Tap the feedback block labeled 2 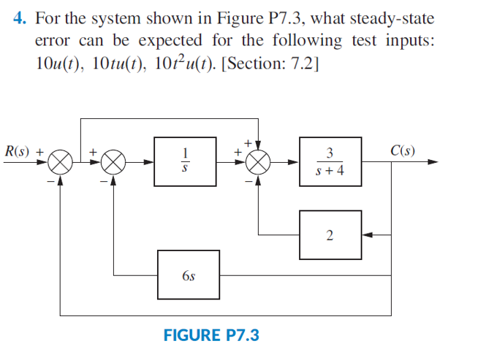click(x=330, y=234)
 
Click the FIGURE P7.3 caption click(x=210, y=335)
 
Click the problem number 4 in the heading click(x=19, y=17)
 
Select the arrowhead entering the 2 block click(x=366, y=234)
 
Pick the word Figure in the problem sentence click(x=233, y=17)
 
